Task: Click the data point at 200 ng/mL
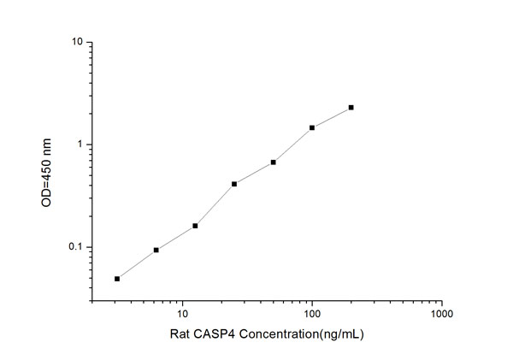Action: [351, 108]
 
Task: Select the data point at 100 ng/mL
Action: [312, 127]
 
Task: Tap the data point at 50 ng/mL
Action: [273, 162]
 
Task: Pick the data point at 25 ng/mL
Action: [234, 184]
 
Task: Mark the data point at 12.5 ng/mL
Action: [195, 226]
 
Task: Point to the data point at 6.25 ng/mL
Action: [156, 250]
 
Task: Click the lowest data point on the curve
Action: [117, 279]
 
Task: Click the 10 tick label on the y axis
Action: [77, 42]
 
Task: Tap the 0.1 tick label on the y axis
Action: [75, 248]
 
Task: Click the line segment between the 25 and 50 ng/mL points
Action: [254, 173]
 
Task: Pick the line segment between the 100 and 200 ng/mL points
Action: [332, 117]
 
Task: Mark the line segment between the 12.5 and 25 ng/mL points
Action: [215, 205]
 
